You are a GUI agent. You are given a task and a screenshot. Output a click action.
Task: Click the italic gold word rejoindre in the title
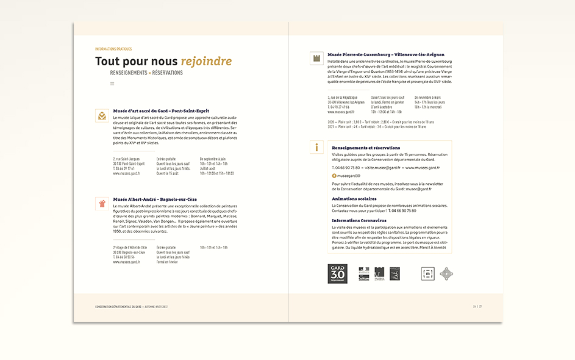206,61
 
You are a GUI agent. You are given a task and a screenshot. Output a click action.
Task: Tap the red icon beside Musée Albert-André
102,203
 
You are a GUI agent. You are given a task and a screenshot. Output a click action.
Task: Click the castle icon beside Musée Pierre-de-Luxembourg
316,58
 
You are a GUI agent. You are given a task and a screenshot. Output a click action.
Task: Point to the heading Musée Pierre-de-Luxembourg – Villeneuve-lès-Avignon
386,54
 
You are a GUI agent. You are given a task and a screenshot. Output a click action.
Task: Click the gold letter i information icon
316,147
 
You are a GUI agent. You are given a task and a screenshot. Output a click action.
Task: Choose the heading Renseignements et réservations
366,148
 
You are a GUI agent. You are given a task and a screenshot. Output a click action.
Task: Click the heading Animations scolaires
354,198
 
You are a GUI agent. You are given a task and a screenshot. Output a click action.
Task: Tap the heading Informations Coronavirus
359,220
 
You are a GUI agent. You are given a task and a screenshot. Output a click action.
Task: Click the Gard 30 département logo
337,275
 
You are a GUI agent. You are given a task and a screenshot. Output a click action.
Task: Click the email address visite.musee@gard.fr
382,167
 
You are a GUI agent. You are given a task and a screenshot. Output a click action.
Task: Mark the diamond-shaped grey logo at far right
447,274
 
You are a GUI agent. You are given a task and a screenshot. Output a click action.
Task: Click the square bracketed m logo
428,274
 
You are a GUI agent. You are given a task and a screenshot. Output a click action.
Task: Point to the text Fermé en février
166,262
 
